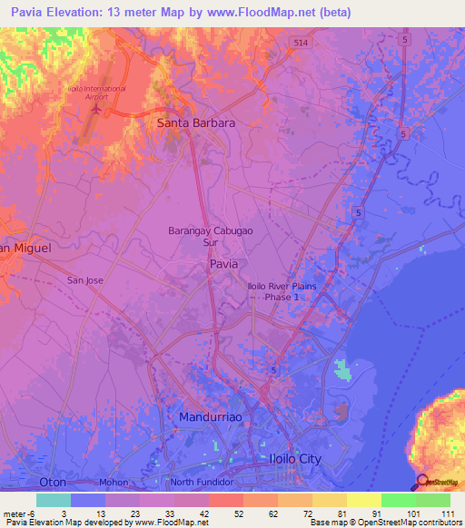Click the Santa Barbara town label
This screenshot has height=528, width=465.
[196, 122]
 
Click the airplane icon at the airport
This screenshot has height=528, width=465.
[107, 112]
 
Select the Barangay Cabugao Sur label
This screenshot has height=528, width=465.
[206, 237]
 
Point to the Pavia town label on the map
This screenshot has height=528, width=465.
[224, 263]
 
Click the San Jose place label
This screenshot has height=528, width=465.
[85, 280]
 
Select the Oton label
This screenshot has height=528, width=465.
[53, 482]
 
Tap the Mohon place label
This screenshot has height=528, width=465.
[114, 483]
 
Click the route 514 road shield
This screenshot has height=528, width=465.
[298, 43]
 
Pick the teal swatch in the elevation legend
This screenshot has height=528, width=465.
[53, 500]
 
